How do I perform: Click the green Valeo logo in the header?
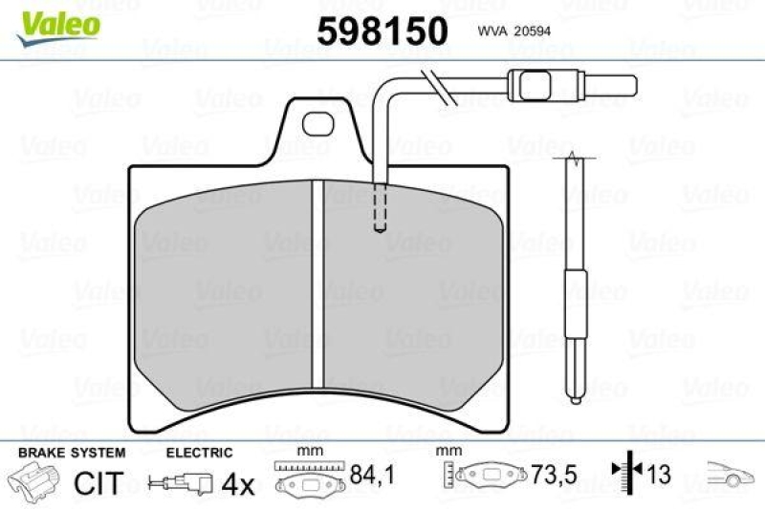pos(56,20)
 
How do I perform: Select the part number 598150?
pos(382,31)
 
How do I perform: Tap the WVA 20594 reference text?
pos(512,31)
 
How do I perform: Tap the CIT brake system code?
pos(98,483)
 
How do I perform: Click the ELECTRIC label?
pos(199,452)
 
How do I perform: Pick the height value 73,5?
pos(547,474)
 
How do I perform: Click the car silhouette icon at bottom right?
pos(731,472)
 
